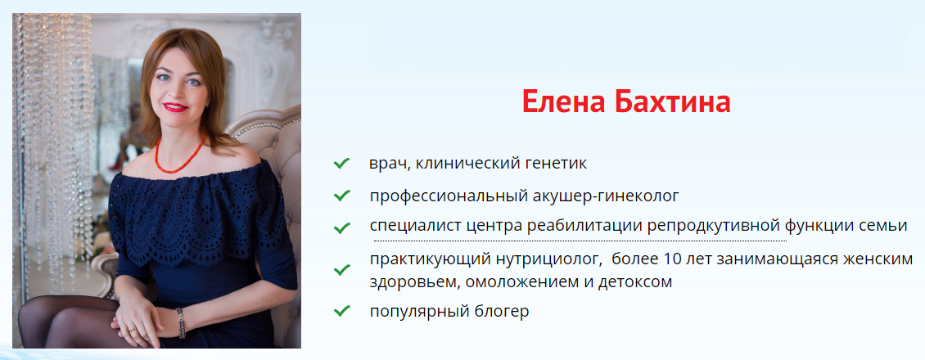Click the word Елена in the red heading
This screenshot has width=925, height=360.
561,103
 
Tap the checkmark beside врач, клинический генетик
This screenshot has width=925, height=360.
342,164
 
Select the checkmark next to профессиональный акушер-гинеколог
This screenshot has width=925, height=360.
342,196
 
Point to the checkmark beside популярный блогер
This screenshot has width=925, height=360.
342,311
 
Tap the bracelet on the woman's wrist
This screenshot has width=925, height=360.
181,322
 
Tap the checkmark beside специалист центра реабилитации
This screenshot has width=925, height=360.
342,225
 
